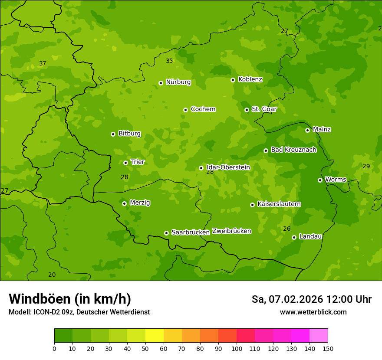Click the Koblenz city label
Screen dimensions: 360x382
(x=250, y=79)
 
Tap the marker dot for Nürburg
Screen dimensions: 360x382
(x=161, y=83)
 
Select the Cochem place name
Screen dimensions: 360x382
(x=203, y=109)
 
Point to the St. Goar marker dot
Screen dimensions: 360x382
(x=247, y=110)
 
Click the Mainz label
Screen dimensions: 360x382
(x=322, y=130)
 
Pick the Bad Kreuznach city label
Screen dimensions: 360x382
(x=293, y=150)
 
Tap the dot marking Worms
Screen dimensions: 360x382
(x=320, y=180)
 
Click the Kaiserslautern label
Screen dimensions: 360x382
(x=279, y=204)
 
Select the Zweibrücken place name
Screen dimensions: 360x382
(x=231, y=231)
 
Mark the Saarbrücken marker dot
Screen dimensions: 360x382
(x=166, y=233)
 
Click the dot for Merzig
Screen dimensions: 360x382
(x=124, y=203)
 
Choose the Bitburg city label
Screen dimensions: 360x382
(x=129, y=134)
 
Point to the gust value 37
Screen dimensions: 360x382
(x=43, y=64)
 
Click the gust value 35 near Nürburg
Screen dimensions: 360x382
(x=169, y=61)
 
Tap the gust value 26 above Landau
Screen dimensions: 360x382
(x=286, y=229)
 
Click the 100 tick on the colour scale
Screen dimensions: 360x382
(x=237, y=349)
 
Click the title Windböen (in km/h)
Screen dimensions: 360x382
(x=70, y=299)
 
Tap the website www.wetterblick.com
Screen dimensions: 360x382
(x=313, y=312)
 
